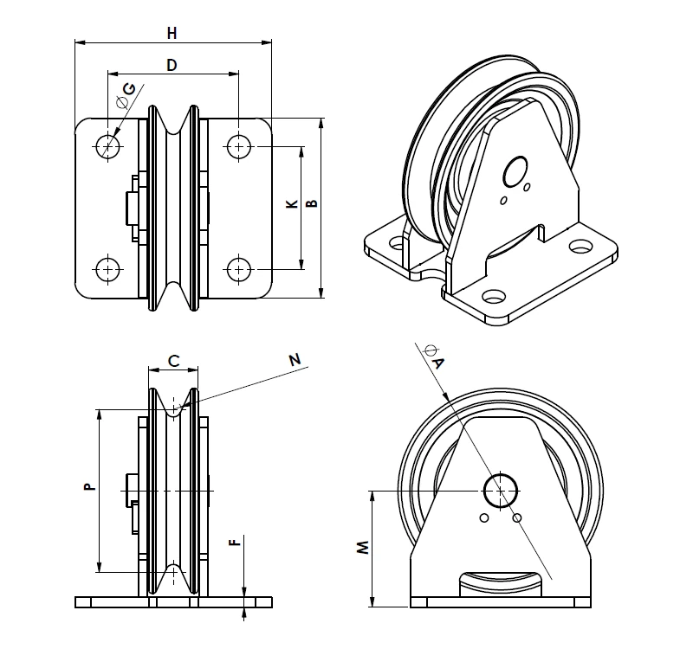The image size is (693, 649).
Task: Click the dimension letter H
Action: click(172, 33)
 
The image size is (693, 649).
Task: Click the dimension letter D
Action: click(172, 65)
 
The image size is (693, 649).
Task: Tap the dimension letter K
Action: click(292, 205)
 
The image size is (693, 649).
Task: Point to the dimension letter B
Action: click(312, 203)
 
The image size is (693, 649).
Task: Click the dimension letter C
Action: click(173, 362)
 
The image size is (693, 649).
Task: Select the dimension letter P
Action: click(87, 488)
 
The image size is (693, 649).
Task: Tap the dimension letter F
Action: click(232, 543)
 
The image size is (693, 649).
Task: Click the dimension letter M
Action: click(364, 548)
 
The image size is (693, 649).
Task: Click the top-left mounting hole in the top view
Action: click(108, 145)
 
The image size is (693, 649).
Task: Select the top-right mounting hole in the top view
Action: click(238, 145)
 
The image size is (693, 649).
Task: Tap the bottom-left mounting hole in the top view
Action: click(108, 268)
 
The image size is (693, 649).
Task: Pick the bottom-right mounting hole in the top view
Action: click(238, 268)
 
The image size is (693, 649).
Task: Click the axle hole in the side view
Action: click(501, 491)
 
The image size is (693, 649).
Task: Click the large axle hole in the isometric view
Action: click(518, 168)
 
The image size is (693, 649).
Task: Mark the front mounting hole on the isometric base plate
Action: click(495, 296)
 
